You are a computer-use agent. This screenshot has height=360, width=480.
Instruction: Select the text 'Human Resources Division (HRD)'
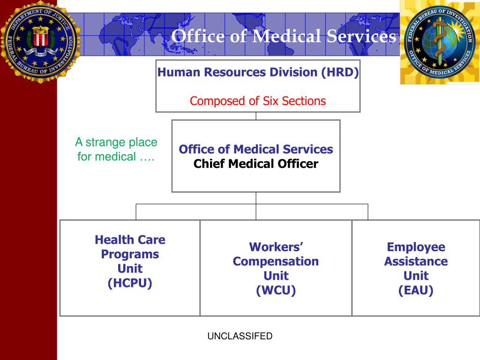(258, 73)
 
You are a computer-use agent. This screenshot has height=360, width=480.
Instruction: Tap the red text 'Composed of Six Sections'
(258, 101)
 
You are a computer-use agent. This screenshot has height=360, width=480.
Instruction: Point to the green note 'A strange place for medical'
(116, 149)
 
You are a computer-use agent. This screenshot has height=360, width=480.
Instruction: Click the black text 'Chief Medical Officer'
(256, 164)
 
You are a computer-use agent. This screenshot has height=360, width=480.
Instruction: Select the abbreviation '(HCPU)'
(130, 283)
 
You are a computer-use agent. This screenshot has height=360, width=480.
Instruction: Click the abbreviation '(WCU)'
(276, 290)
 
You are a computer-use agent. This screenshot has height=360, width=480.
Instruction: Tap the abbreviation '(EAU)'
(416, 290)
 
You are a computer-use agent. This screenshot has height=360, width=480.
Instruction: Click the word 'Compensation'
(276, 261)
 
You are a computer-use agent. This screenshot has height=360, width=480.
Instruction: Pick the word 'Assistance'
(416, 261)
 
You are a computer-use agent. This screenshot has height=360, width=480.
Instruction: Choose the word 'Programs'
(130, 255)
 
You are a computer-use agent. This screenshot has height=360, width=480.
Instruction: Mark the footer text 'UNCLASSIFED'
(240, 336)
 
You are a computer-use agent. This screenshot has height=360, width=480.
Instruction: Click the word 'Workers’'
(276, 247)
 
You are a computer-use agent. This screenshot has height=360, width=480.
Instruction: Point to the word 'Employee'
(416, 247)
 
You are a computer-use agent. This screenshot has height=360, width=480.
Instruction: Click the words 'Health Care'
(130, 240)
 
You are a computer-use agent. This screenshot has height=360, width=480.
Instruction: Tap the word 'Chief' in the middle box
(209, 164)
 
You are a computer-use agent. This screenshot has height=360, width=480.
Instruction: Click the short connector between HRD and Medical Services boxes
(256, 116)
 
